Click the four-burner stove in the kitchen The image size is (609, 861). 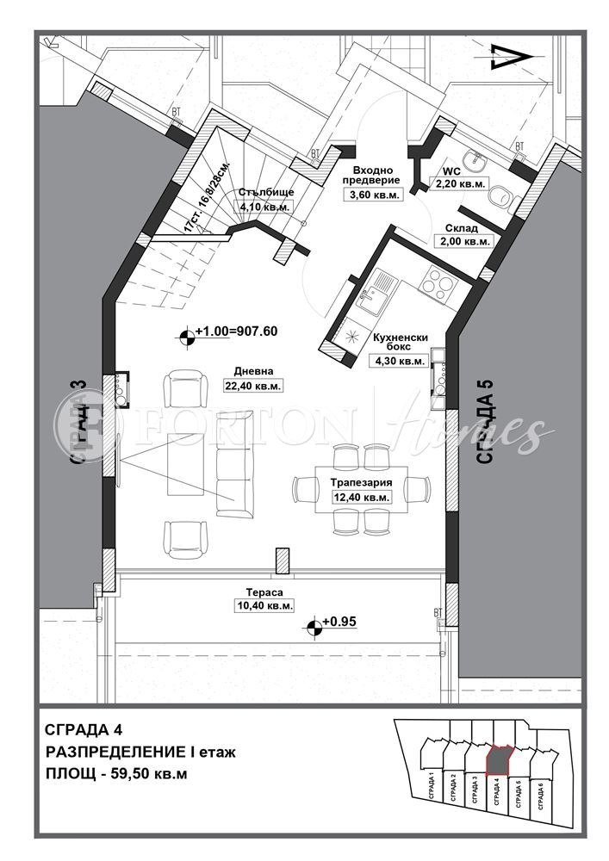coord(436,283)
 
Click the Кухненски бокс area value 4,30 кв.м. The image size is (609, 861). coord(398,361)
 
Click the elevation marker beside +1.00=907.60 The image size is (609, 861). coord(186,338)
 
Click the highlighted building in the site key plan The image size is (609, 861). coord(499,759)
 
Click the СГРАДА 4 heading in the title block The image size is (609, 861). coord(78,730)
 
